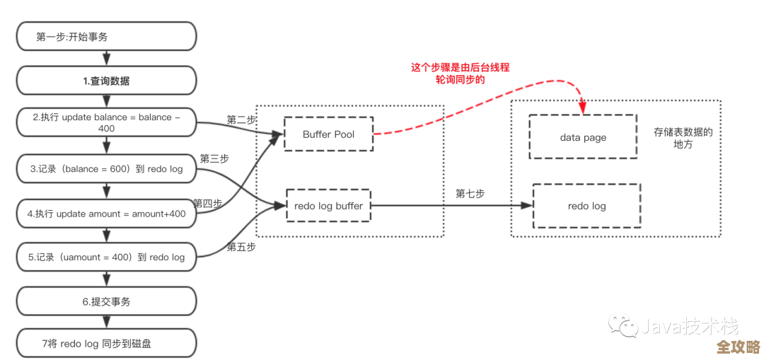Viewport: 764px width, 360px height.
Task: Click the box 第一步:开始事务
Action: [106, 36]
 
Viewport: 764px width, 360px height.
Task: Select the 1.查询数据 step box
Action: [106, 81]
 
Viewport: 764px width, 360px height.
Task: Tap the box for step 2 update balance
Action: [106, 123]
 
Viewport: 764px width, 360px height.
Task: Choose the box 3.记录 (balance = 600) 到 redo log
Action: [106, 169]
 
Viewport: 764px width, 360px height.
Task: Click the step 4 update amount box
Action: [106, 213]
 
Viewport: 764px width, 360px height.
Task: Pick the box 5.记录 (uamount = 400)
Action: [106, 257]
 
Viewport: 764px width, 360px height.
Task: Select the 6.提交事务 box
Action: [106, 301]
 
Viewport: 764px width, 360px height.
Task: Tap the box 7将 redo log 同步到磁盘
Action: [106, 344]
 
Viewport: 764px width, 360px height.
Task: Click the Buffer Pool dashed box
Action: [328, 134]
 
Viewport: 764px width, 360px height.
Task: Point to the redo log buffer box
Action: [328, 206]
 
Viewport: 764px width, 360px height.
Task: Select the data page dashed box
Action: [583, 137]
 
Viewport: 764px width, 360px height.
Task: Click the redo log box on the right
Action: [586, 206]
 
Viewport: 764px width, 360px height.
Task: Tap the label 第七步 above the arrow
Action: [470, 193]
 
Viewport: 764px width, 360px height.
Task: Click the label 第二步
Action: [241, 120]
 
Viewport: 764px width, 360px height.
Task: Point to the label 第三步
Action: [214, 158]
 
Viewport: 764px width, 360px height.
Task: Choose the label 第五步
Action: [241, 247]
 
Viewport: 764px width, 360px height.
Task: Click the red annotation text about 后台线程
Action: [460, 74]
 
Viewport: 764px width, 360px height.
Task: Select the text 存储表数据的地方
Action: [683, 138]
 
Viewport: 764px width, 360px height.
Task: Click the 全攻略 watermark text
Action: [738, 347]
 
